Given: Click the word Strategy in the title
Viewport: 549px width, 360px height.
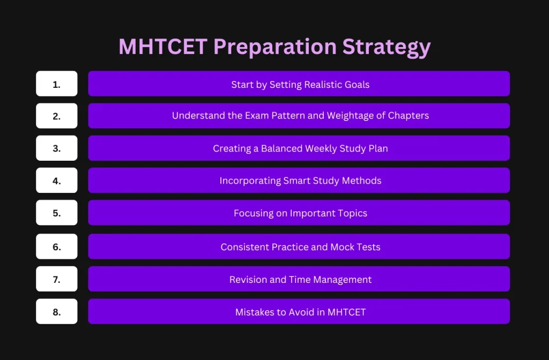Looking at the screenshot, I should tap(387, 48).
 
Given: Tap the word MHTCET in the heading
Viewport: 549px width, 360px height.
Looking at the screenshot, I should tap(162, 47).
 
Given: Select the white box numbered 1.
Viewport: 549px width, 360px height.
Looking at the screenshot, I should tap(57, 84).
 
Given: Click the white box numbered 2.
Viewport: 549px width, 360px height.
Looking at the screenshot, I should tap(57, 116).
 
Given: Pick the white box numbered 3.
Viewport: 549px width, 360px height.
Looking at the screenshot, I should tap(57, 148).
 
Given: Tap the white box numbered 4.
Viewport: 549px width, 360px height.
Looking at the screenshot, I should tap(57, 181).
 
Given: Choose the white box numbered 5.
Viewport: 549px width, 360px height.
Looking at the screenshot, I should tap(57, 213).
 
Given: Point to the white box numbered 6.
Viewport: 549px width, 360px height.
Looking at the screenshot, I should tap(57, 246).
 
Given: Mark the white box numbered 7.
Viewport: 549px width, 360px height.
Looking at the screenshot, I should tap(57, 279).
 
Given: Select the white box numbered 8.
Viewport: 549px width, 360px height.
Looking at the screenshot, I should tap(57, 311).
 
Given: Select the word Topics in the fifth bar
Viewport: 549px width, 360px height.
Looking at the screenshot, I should tap(352, 213).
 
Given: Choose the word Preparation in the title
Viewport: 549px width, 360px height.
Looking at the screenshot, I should tap(275, 48).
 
